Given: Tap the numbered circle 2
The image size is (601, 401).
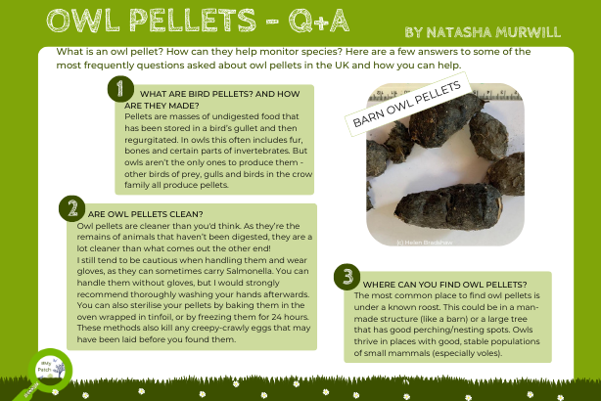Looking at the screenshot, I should [70, 207].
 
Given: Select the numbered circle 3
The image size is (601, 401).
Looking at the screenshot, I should [346, 277].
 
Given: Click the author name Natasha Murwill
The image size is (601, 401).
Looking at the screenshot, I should [483, 31].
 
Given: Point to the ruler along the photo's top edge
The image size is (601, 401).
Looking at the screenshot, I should [489, 90].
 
